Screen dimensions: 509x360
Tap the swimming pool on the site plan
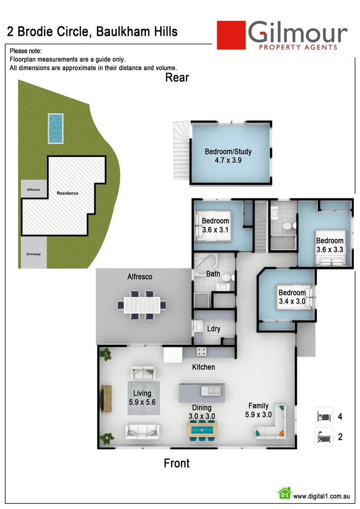pyautogui.click(x=55, y=128)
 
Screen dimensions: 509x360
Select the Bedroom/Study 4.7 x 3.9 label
pyautogui.click(x=228, y=156)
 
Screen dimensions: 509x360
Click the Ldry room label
pyautogui.click(x=214, y=329)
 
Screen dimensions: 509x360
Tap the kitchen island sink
pyautogui.click(x=211, y=391)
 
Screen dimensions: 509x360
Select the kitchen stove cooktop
pyautogui.click(x=202, y=351)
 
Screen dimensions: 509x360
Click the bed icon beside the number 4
pyautogui.click(x=324, y=416)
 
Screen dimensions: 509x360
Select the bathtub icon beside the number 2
pyautogui.click(x=324, y=436)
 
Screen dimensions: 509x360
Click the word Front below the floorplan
pyautogui.click(x=177, y=463)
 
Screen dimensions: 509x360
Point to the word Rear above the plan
pyautogui.click(x=177, y=78)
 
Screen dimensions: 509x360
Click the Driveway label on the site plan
pyautogui.click(x=33, y=254)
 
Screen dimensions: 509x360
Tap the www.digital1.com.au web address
pyautogui.click(x=321, y=496)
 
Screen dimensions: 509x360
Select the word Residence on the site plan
pyautogui.click(x=67, y=193)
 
